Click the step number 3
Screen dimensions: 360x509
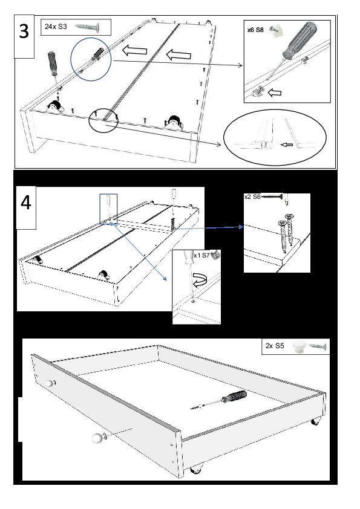(24, 32)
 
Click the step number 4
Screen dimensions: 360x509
(25, 203)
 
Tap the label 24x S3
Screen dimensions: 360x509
(56, 27)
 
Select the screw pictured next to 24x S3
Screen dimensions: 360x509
(87, 27)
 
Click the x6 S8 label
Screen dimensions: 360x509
(255, 30)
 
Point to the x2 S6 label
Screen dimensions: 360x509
(252, 196)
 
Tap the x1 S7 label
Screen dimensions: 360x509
(201, 256)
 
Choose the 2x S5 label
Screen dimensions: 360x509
(275, 346)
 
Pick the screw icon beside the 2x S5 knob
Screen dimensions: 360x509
(318, 346)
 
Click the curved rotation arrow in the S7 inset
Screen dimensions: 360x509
(201, 280)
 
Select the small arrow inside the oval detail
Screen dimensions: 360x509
(287, 144)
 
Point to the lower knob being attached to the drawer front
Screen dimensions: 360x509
(98, 438)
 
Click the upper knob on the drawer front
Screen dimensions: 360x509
(49, 383)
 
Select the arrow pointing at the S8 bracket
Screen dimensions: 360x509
(275, 93)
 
